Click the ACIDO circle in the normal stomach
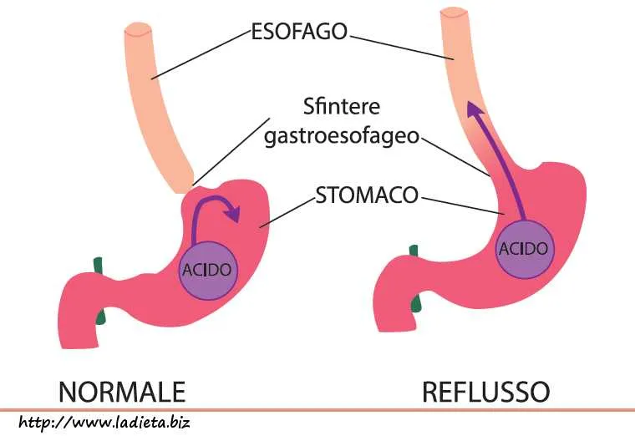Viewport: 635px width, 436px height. (207, 270)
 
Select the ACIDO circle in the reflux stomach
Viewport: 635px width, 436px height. (523, 248)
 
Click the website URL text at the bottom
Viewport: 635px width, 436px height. (104, 421)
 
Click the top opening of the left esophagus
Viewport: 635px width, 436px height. (137, 30)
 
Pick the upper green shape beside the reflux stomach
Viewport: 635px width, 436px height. (413, 251)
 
